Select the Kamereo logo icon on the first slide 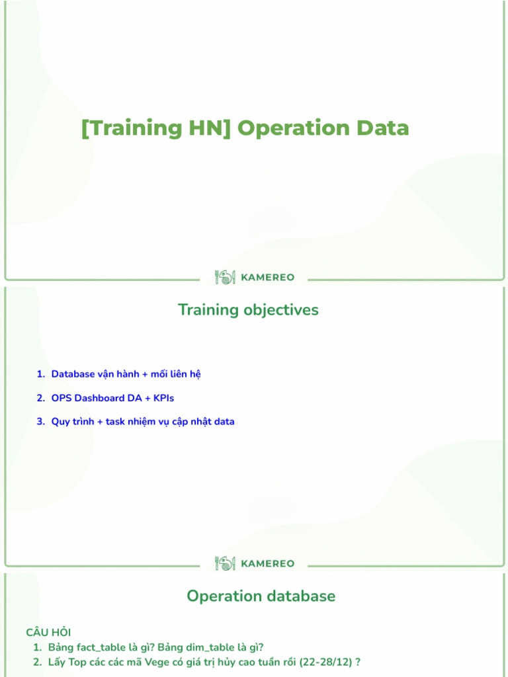(x=225, y=278)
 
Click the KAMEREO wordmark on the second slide (x=268, y=564)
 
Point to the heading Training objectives (x=248, y=310)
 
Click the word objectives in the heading (x=280, y=310)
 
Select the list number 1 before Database (x=40, y=374)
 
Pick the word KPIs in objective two (x=163, y=398)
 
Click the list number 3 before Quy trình (x=40, y=422)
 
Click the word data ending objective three (x=224, y=422)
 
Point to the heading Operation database (x=261, y=596)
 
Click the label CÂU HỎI (x=48, y=633)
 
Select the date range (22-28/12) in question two (x=325, y=662)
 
